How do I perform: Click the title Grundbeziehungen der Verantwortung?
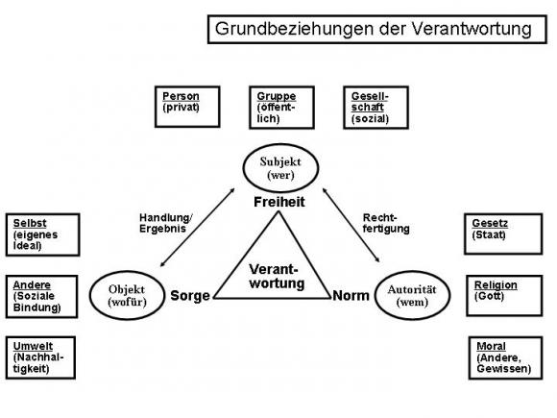point(372,29)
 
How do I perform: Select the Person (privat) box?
point(188,108)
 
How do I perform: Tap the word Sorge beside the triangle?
point(191,295)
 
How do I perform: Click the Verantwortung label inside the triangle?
point(277,277)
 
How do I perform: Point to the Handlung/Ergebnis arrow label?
point(166,223)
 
